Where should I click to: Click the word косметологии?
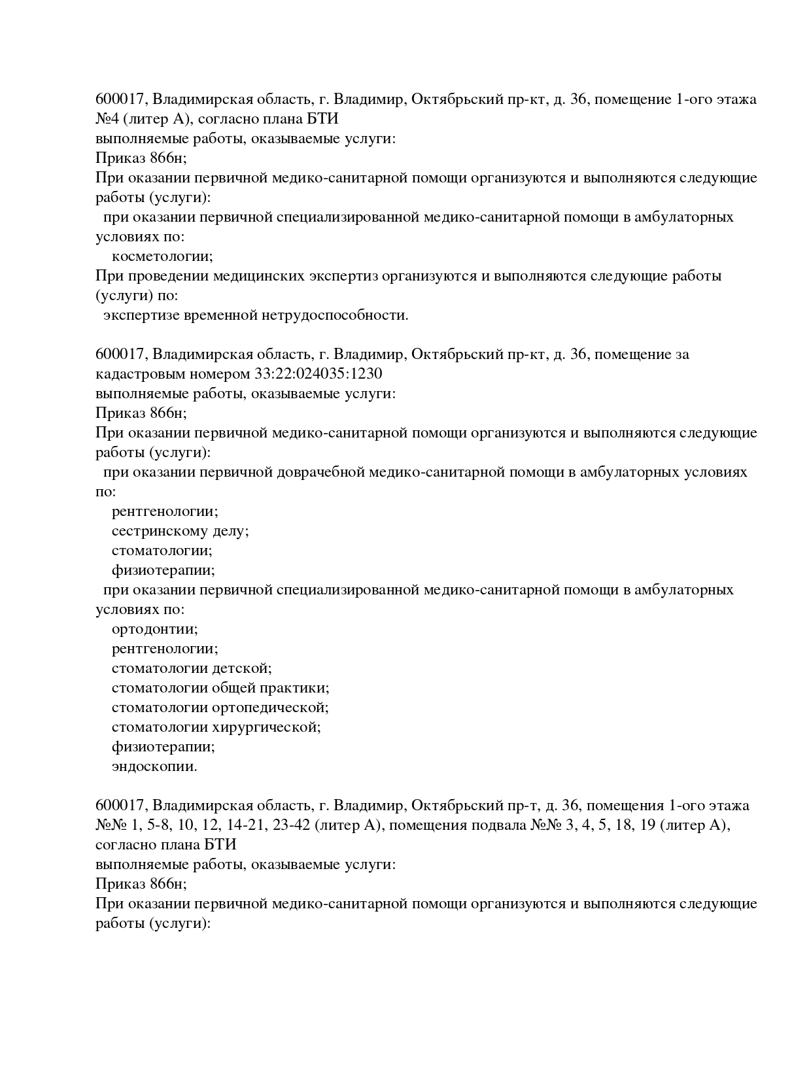point(162,256)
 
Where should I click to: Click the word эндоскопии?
point(154,766)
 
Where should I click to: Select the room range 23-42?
point(290,825)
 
